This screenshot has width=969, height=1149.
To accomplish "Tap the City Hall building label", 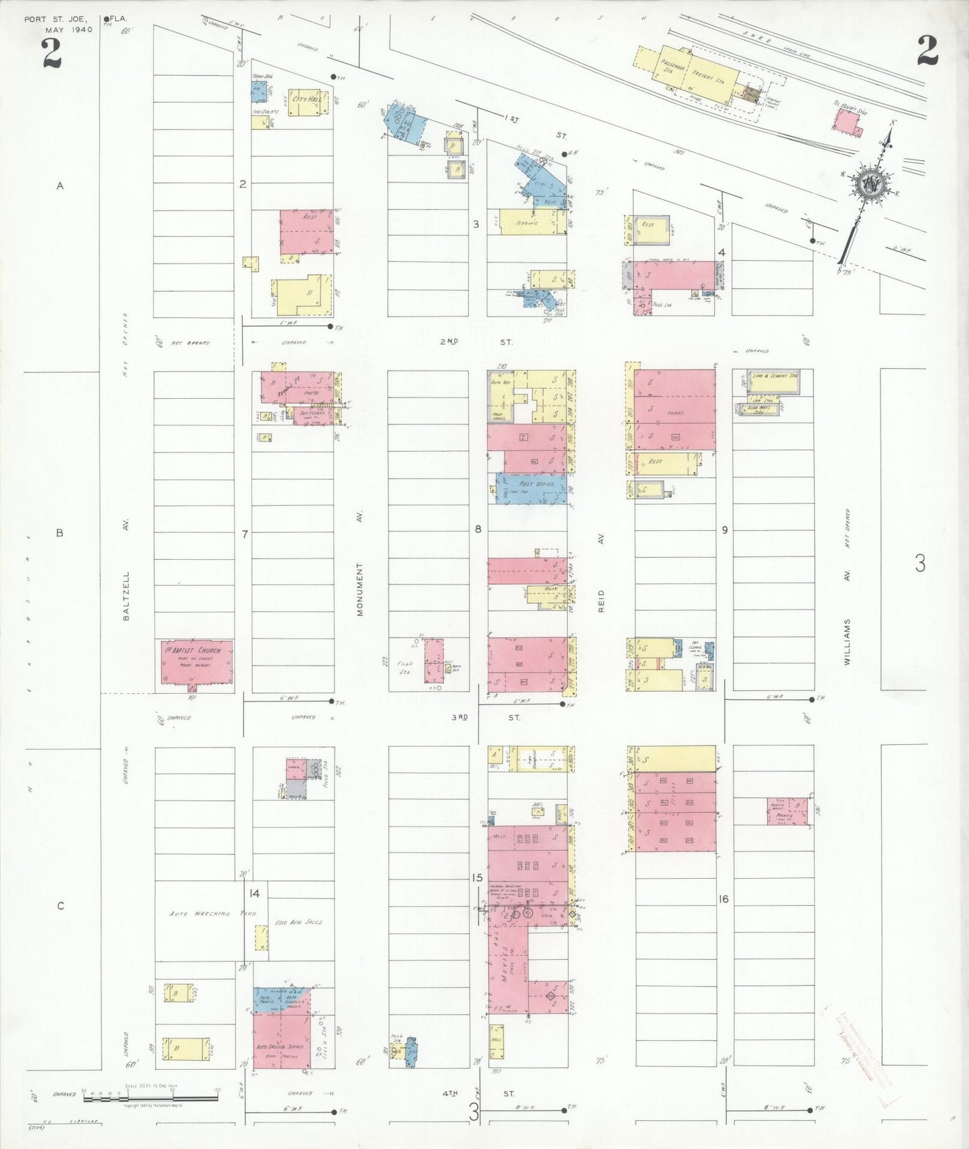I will [307, 100].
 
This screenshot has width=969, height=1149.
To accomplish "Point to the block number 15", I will [477, 878].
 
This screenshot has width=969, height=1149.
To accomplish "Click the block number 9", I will [724, 530].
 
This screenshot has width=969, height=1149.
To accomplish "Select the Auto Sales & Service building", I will [282, 1045].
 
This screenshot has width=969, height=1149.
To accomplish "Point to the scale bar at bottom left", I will [151, 1097].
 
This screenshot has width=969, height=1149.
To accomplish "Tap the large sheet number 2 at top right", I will [927, 52].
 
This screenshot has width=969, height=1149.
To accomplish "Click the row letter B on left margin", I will [60, 534].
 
